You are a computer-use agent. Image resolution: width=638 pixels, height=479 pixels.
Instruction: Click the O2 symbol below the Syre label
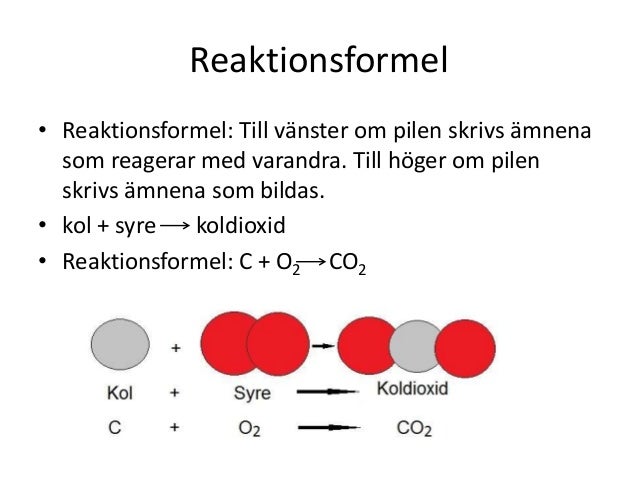point(251,429)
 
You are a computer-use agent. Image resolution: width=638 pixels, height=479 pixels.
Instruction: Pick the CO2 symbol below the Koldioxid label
point(414,429)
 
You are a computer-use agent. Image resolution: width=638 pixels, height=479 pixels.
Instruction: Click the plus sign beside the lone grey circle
point(176,349)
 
